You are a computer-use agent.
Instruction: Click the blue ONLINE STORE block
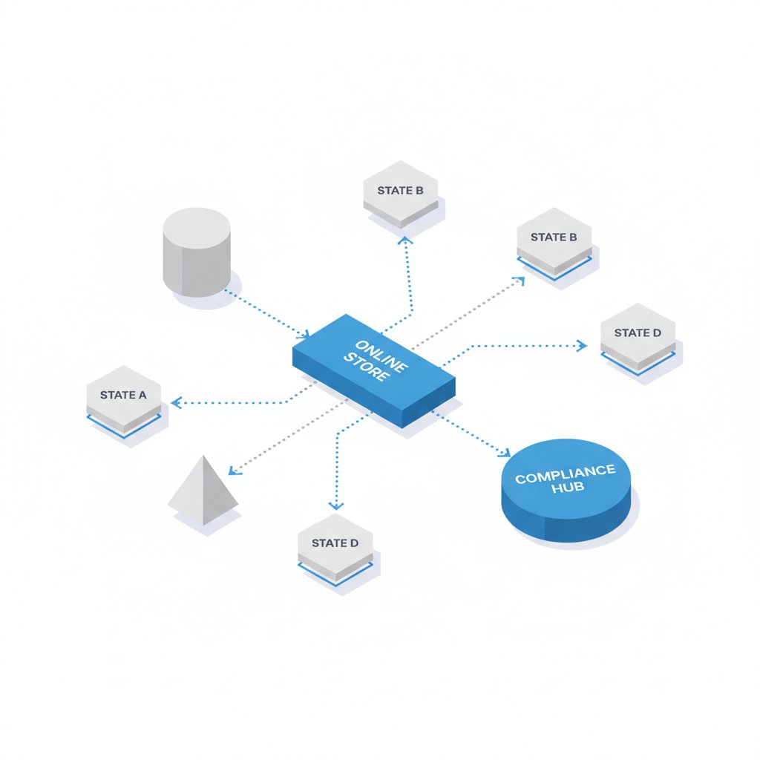click(x=374, y=371)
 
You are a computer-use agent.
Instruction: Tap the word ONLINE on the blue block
click(x=381, y=356)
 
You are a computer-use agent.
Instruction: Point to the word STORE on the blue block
click(x=367, y=367)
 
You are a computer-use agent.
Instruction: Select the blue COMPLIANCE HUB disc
click(x=566, y=490)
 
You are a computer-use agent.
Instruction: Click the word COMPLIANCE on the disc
click(x=565, y=474)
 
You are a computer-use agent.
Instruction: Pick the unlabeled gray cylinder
click(x=196, y=252)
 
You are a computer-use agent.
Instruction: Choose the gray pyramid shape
click(x=203, y=491)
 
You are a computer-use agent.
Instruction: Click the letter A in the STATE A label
click(x=142, y=395)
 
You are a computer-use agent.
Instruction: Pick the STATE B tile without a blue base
click(x=401, y=194)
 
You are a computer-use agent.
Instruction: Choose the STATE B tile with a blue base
click(x=554, y=244)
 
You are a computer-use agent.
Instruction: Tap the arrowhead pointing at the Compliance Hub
click(x=505, y=452)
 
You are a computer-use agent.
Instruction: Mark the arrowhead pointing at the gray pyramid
click(x=234, y=470)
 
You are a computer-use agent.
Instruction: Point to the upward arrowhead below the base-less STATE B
click(x=405, y=240)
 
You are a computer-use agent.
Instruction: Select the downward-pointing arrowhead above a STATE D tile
click(x=336, y=506)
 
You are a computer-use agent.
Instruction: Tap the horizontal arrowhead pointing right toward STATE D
click(x=582, y=346)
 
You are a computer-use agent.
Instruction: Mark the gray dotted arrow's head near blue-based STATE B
click(x=520, y=281)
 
